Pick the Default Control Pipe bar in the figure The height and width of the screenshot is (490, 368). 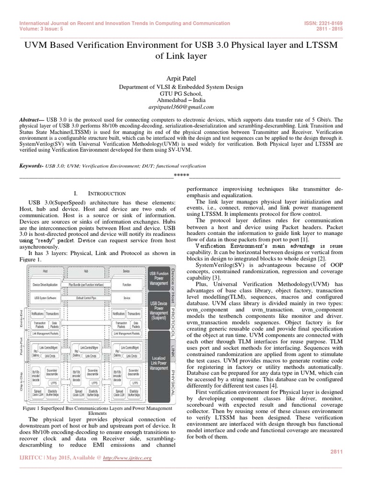tap(86, 297)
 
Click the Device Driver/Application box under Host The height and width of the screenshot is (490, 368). tap(45, 284)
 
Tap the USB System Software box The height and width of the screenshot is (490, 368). tap(45, 297)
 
